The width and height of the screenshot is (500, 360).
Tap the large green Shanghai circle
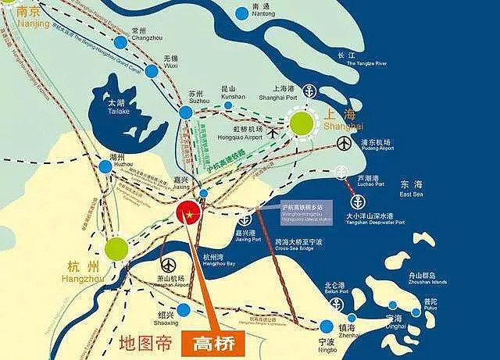[x=302, y=123]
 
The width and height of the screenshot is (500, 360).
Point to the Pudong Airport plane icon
[x=345, y=144]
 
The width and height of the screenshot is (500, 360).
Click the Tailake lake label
[x=116, y=106]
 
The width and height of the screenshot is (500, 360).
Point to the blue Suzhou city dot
[x=185, y=112]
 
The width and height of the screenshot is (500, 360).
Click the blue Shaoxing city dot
[x=184, y=311]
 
